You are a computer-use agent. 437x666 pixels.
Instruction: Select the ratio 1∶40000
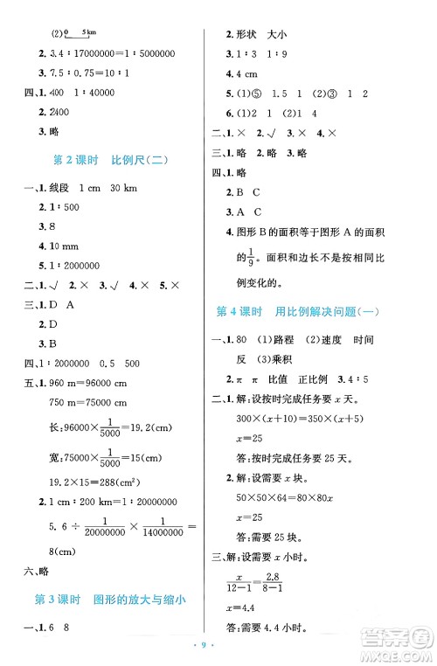pos(96,91)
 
